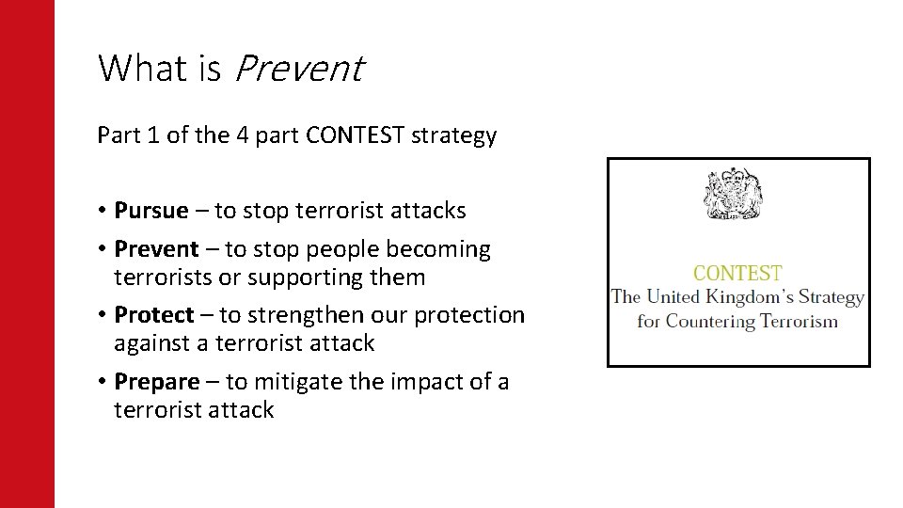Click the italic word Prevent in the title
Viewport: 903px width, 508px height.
[296, 69]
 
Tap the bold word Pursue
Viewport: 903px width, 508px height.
[150, 211]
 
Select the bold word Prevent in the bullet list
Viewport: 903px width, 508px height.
[156, 249]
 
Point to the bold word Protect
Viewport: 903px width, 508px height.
[153, 315]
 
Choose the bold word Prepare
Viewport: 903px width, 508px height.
[156, 381]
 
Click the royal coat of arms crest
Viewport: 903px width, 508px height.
[737, 195]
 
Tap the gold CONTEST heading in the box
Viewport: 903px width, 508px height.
[737, 274]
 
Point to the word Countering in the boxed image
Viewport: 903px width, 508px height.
[711, 322]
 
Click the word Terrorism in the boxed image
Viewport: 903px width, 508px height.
[800, 322]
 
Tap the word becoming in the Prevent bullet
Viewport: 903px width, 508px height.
[443, 249]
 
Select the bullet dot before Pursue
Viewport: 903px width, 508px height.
[102, 211]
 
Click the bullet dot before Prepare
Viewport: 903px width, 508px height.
[102, 382]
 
